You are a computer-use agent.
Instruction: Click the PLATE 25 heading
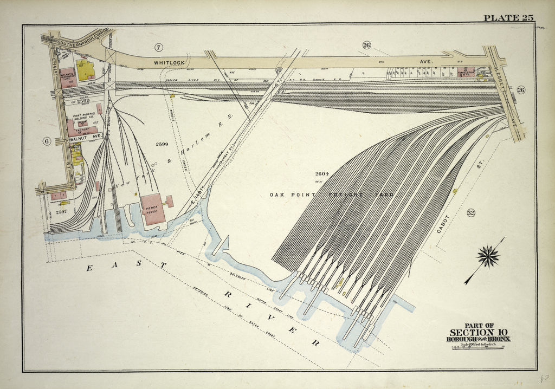[508, 18]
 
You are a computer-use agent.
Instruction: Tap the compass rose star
[488, 255]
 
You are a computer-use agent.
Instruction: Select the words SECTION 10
[472, 332]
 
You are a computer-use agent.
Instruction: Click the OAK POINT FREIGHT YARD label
[331, 194]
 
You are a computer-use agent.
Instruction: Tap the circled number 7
[158, 47]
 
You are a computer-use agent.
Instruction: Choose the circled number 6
[47, 141]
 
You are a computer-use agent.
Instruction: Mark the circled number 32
[470, 213]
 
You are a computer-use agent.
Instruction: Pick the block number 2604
[322, 174]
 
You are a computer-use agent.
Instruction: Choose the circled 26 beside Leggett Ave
[520, 90]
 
